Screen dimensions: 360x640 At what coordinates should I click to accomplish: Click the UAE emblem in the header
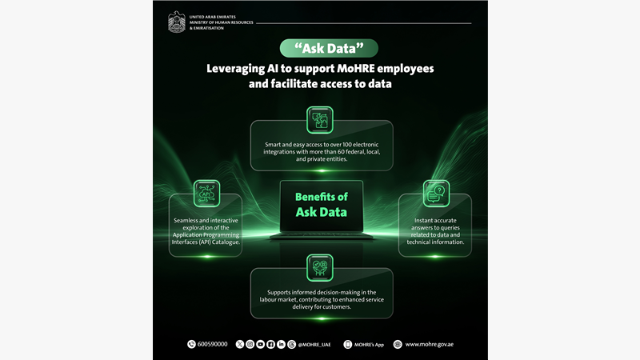coord(176,22)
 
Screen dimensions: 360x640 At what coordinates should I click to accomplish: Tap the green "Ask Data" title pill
coord(319,48)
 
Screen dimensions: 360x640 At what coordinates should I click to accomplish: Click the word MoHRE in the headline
coord(349,69)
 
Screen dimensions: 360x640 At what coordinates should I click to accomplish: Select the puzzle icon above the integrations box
coord(319,120)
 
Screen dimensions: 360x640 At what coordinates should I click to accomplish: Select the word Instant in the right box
coord(426,220)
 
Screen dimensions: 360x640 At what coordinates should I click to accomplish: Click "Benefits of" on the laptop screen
coord(321,197)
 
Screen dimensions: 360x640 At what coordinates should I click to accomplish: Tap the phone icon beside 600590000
coord(191,344)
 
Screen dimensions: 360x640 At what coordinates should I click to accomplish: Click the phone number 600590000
coord(212,344)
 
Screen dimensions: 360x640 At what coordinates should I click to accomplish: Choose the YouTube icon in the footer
coord(260,344)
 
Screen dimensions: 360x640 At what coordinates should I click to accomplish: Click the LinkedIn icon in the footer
coord(281,344)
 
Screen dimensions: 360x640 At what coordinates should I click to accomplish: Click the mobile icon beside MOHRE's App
coord(347,344)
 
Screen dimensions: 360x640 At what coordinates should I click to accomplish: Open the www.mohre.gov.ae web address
coord(434,344)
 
